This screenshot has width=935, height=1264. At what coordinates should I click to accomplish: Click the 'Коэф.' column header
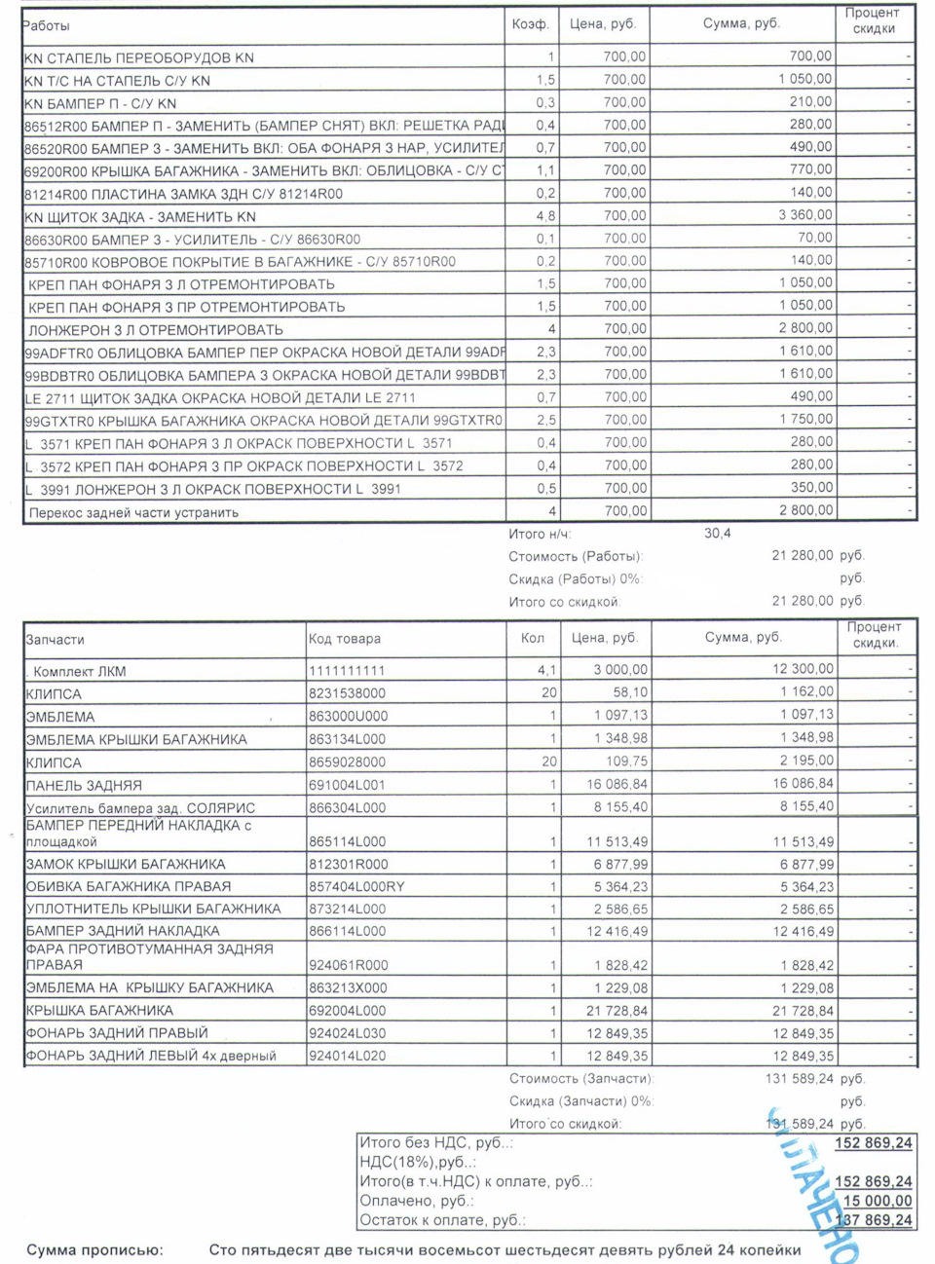point(530,24)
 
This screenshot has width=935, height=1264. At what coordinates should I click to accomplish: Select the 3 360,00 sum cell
point(805,215)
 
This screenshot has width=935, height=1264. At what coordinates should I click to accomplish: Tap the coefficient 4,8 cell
point(545,216)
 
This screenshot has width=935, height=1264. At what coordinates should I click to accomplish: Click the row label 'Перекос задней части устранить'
point(133,512)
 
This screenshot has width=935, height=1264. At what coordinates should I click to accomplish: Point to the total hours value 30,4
point(717,534)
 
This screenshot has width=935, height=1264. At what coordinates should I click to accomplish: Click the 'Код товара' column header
point(345,639)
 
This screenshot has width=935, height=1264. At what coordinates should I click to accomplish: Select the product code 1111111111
point(347,671)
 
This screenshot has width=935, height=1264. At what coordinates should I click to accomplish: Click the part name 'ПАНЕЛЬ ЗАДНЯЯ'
point(84,785)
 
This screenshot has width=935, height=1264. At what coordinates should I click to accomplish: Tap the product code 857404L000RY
point(356,886)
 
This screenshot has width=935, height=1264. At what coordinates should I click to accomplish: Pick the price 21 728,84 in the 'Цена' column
point(617,1011)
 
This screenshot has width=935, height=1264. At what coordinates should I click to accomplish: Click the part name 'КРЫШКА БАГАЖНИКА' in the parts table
point(99,1011)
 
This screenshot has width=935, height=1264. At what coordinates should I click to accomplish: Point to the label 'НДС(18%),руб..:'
point(418,1162)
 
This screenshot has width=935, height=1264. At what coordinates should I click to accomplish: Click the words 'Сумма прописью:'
point(95,1249)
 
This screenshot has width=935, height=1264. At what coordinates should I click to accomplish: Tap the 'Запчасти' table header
point(55,640)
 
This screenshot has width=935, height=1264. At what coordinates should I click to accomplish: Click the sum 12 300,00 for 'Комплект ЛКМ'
point(803,669)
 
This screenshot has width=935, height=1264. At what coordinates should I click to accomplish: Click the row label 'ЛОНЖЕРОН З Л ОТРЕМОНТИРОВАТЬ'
point(156,330)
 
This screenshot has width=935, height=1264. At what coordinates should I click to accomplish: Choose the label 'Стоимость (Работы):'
point(576,556)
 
